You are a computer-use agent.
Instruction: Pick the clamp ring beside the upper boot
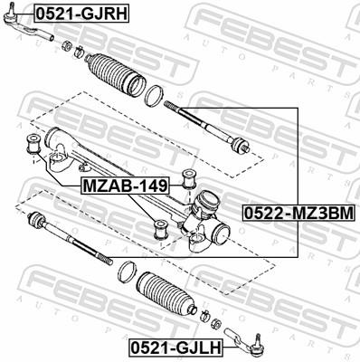click(x=155, y=93)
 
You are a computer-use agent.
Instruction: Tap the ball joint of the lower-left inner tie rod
click(x=37, y=220)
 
